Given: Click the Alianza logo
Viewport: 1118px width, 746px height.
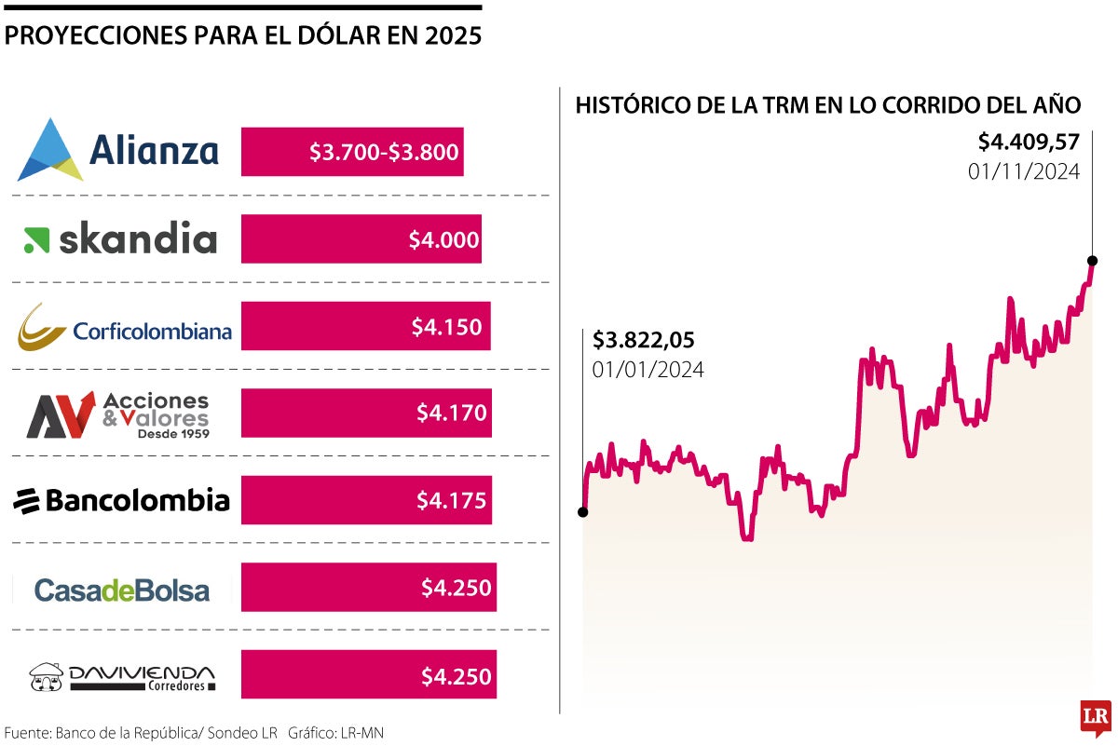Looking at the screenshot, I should pos(118,151).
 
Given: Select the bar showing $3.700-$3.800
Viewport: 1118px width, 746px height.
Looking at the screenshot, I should pos(352,152).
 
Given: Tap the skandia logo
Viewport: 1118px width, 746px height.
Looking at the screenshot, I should pos(120,239).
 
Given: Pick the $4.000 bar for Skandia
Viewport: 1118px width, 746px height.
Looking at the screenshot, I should pos(361,239).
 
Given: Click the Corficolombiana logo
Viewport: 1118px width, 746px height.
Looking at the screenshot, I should pos(124,327).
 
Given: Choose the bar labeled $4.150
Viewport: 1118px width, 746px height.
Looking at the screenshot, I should pos(365,327).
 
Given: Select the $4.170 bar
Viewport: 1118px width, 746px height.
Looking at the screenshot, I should pos(366,413).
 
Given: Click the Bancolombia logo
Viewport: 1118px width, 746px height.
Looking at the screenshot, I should pos(121,501).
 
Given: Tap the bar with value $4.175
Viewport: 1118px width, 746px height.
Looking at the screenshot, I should pos(366,501).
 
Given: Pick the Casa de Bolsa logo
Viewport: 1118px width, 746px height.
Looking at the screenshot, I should pos(121,590).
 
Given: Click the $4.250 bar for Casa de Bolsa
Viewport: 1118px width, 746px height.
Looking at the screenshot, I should pos(369,588).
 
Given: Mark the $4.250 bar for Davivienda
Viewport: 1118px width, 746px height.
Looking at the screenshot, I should pos(369,675).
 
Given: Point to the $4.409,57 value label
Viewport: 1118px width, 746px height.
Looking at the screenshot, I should pos(1028,142).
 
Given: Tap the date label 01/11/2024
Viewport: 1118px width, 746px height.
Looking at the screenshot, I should pos(1023,171).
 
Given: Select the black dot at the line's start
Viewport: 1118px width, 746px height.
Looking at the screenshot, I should pos(583,511).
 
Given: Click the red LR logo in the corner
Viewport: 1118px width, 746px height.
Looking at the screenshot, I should pos(1095,717).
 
